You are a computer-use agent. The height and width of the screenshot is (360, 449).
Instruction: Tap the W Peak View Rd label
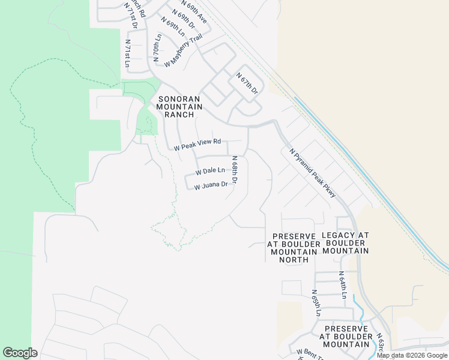(197, 145)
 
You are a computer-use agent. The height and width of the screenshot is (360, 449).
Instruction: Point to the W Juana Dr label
(211, 185)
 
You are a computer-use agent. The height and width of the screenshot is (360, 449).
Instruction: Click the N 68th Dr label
(235, 170)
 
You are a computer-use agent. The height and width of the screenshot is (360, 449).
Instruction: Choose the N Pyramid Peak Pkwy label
(312, 173)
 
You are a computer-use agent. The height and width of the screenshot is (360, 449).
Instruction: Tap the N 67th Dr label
(247, 83)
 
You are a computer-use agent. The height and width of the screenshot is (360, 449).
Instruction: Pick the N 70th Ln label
(157, 46)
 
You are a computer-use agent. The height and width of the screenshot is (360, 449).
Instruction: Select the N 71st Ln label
(127, 53)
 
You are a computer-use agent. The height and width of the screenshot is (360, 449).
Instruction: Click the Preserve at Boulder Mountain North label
(294, 248)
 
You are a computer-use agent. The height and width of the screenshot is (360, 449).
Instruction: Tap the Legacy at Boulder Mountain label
(346, 243)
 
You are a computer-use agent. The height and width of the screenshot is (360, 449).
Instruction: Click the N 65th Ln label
(316, 303)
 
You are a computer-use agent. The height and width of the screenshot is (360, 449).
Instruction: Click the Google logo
(20, 353)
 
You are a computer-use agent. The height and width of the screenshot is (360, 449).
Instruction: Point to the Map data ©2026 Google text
(412, 355)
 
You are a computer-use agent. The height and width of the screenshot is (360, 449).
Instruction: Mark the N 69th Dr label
(184, 19)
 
